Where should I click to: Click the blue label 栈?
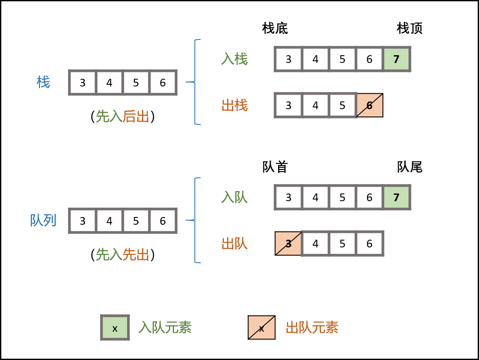pos(43,82)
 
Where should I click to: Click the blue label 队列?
pos(43,220)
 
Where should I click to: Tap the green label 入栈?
pos(234,59)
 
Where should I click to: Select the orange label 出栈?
pos(234,105)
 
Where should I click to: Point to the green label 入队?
pos(234,197)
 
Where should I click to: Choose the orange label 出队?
pos(234,244)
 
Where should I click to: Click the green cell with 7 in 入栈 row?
pos(396,59)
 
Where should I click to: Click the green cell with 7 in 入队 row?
pos(396,197)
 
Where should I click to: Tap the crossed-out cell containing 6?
pos(370,105)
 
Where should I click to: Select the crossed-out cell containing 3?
pos(288,244)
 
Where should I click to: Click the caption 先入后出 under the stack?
pos(122,116)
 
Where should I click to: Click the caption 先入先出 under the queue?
pos(122,255)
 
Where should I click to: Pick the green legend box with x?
pos(115,327)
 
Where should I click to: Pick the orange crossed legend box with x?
pos(261,327)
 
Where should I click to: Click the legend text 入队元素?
pos(165,327)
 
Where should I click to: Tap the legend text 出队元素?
pos(312,327)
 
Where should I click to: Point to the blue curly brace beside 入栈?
pos(196,82)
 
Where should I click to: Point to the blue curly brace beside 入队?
pos(196,220)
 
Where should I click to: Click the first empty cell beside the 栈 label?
pos(83,83)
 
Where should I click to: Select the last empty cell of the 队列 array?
pos(163,221)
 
